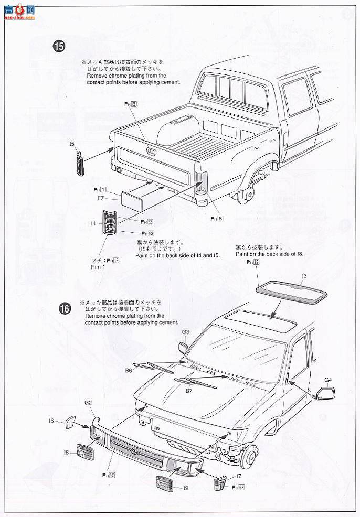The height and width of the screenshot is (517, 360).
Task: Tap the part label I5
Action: pyautogui.click(x=71, y=143)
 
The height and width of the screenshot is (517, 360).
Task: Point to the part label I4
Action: pyautogui.click(x=93, y=223)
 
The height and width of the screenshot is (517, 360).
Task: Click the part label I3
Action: pyautogui.click(x=304, y=275)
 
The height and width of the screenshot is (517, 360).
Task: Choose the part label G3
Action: pyautogui.click(x=186, y=332)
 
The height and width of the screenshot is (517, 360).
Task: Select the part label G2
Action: pyautogui.click(x=88, y=402)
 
